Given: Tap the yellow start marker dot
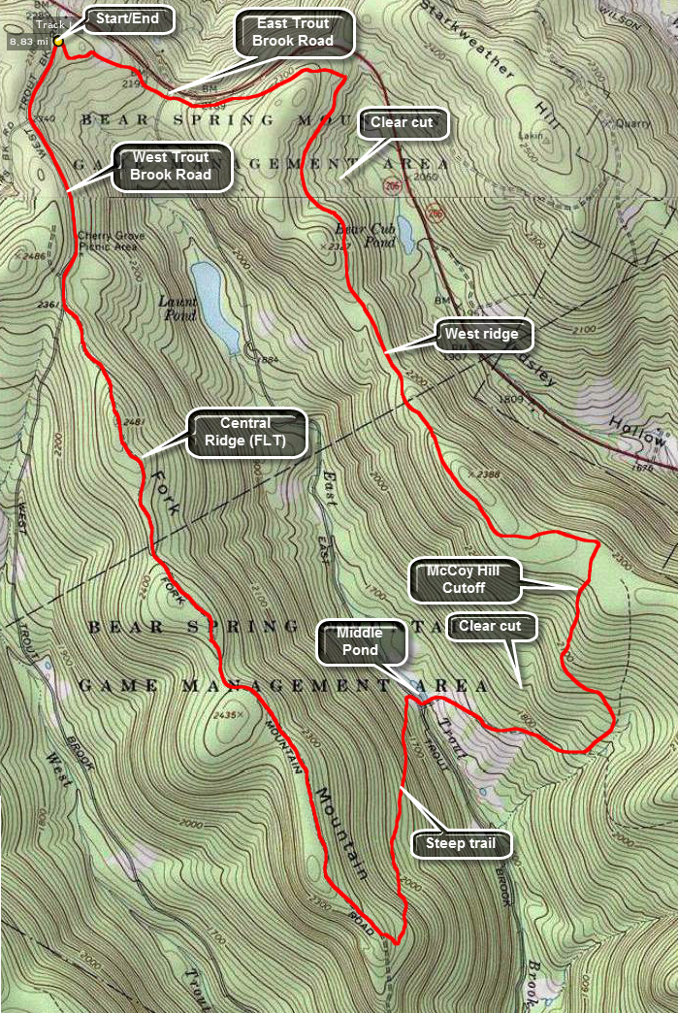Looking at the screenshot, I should coord(59,41).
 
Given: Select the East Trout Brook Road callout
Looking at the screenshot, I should coord(294,32).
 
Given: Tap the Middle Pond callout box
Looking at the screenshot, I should coord(359,641).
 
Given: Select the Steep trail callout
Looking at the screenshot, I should coord(460,843).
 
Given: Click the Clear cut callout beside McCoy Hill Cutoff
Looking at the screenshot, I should coord(490,627).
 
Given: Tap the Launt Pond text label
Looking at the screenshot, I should coord(177,309).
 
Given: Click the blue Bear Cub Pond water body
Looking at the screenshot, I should coord(404,234).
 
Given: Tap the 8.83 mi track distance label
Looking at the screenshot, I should coord(26,42).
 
